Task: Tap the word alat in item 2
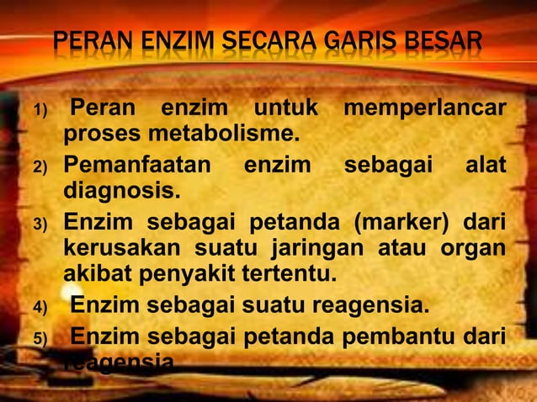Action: point(486,165)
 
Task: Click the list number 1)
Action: point(42,112)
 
